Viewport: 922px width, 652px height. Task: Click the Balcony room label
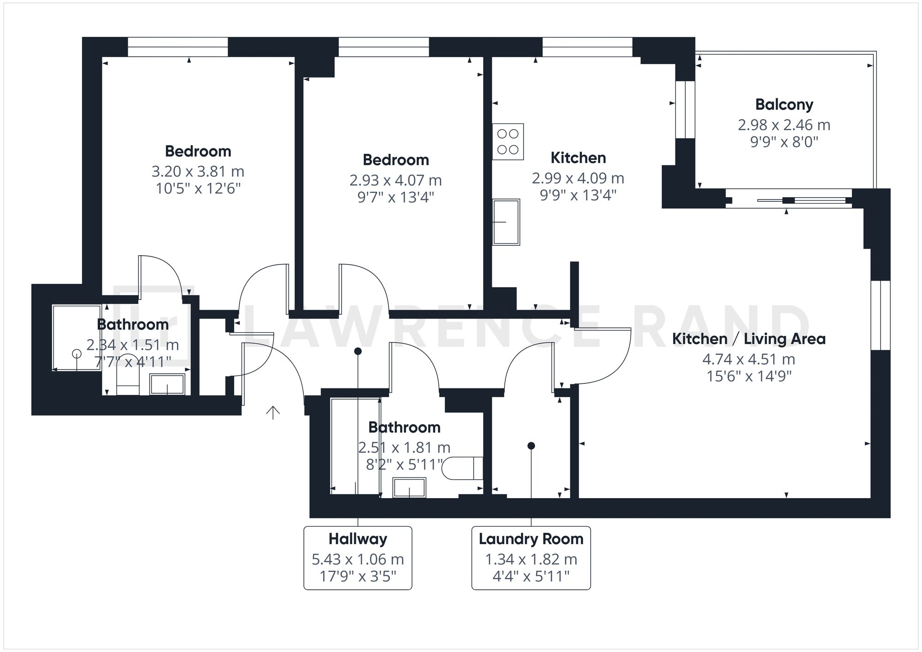click(x=784, y=105)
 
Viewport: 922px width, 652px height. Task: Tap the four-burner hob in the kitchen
click(x=508, y=141)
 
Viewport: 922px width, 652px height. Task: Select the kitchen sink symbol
click(x=506, y=222)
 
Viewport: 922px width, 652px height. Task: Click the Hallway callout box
click(x=357, y=558)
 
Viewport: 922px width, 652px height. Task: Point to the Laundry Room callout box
click(x=531, y=558)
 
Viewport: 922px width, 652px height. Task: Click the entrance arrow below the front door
click(x=273, y=413)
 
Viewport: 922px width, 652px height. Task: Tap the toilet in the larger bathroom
click(x=462, y=468)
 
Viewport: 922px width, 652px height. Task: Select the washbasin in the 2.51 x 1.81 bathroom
click(x=409, y=488)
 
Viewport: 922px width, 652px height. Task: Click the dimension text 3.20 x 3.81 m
click(x=198, y=171)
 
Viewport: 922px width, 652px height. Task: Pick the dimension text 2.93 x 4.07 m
click(x=396, y=180)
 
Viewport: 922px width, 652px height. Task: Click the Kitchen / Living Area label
click(x=749, y=339)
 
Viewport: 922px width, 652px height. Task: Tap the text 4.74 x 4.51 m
click(x=749, y=359)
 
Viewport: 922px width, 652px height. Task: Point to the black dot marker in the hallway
click(x=358, y=351)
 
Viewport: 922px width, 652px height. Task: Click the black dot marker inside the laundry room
click(x=531, y=446)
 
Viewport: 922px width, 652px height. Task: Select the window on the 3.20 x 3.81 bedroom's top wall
click(x=177, y=47)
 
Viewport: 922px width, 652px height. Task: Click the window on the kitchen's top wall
click(x=587, y=47)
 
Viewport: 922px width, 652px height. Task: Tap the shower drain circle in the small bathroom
click(x=77, y=354)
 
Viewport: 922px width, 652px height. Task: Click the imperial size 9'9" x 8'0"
click(x=784, y=142)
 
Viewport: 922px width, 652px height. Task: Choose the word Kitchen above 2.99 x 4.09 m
click(x=578, y=158)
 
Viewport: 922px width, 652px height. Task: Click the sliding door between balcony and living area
click(x=788, y=200)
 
